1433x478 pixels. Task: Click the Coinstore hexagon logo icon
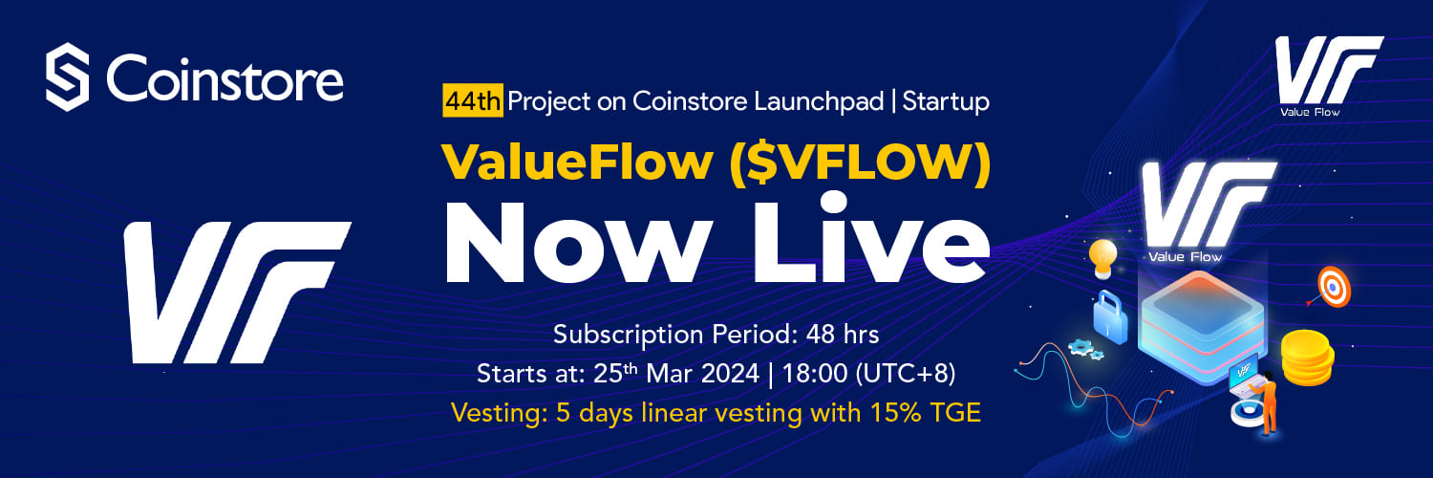coord(67,76)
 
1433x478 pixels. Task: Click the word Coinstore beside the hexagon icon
coord(225,78)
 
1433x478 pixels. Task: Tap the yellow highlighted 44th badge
coord(473,101)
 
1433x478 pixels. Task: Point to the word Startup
coord(946,102)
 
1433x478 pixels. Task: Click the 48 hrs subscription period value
coord(843,334)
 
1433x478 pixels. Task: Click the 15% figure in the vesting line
coord(896,413)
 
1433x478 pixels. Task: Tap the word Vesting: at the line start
coord(499,413)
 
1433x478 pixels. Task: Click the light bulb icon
coord(1102,258)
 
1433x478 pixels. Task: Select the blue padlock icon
coord(1109,317)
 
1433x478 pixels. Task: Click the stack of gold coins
coord(1307,358)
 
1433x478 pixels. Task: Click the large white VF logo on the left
coord(237,293)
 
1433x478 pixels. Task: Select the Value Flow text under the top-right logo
coord(1310,112)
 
